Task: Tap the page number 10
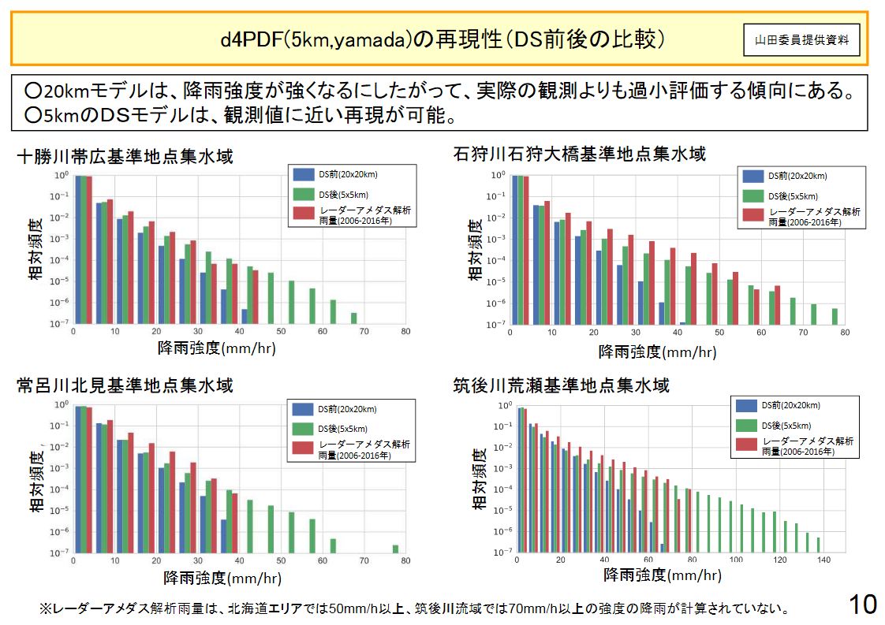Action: [x=862, y=605]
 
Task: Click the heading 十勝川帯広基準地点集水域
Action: [x=125, y=156]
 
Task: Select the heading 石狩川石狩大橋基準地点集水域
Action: [x=579, y=154]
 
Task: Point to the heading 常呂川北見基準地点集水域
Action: [x=125, y=385]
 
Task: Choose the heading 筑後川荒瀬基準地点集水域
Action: [x=561, y=385]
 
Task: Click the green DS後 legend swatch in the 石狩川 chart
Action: [x=753, y=196]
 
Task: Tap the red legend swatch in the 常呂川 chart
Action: [x=304, y=449]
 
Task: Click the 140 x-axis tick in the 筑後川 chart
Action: [x=823, y=560]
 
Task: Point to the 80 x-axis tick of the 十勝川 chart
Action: [x=405, y=331]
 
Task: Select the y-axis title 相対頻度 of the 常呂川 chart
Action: [x=36, y=481]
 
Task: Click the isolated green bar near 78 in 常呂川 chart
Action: [x=395, y=549]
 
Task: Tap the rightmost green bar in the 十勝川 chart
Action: [x=353, y=318]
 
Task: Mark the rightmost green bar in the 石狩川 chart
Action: [x=835, y=316]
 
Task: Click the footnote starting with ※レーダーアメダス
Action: [x=414, y=609]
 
